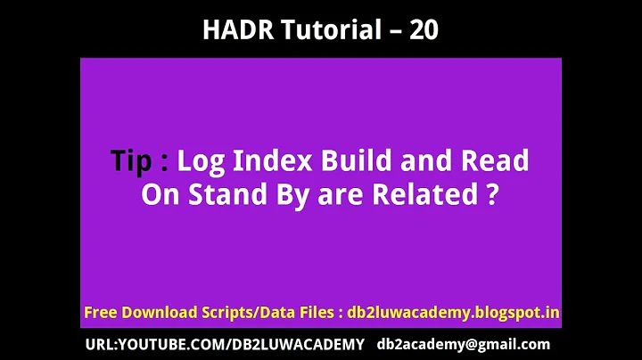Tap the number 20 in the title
click(424, 29)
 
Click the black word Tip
click(132, 161)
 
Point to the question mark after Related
click(491, 195)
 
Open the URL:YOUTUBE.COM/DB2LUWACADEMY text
click(225, 344)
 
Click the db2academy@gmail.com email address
click(464, 344)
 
